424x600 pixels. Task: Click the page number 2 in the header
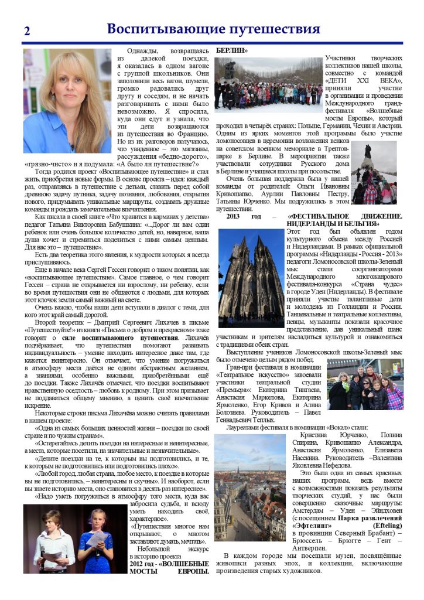tap(27, 32)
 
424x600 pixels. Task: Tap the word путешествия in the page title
tap(272, 29)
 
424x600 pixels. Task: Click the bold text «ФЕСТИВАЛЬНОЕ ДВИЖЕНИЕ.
tap(345, 217)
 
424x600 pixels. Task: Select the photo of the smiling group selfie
tap(365, 384)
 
